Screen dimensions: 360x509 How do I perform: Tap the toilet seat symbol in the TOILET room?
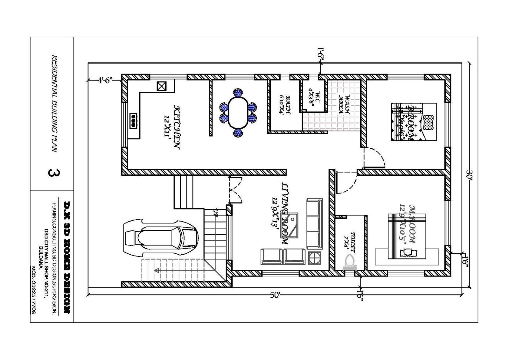point(350,262)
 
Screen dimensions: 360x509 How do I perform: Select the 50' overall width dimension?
point(275,295)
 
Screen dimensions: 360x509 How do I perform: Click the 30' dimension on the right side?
point(470,174)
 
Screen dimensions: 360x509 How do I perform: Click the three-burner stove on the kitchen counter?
point(133,121)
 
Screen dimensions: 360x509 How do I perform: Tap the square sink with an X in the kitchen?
point(162,86)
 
